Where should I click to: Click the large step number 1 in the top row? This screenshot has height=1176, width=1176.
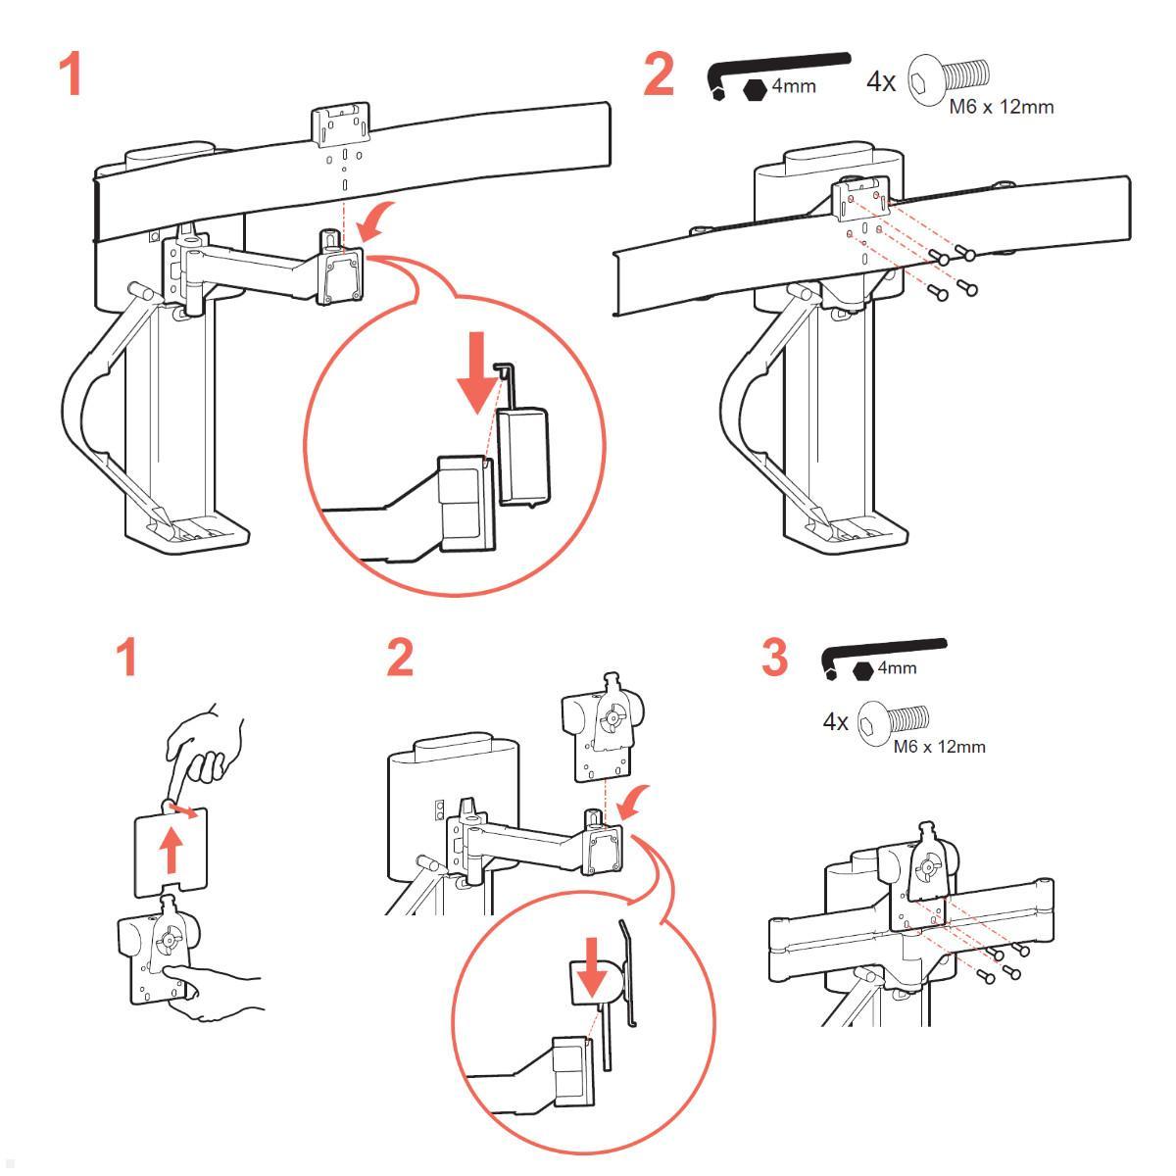pos(71,74)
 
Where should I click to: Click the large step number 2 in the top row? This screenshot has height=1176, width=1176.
pos(659,74)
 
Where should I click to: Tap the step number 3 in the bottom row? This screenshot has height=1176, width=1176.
pos(774,657)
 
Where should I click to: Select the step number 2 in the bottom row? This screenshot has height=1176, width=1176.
pos(400,657)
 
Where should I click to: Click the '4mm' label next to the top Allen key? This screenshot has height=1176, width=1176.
pos(794,86)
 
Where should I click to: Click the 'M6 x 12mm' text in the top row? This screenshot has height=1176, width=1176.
pos(1001,107)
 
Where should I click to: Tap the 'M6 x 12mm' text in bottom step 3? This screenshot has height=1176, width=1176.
pos(939,747)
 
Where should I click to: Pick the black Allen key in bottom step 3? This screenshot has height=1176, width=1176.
pos(882,651)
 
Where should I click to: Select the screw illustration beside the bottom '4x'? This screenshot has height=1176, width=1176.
pos(892,722)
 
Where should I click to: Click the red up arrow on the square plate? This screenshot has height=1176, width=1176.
pos(171,848)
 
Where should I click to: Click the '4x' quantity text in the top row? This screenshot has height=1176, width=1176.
pos(881,82)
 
